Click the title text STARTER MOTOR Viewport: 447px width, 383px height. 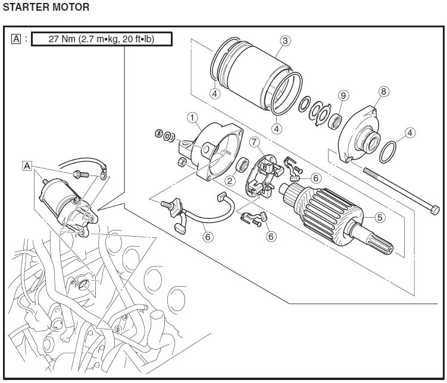[46, 8]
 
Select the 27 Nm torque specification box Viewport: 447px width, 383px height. [102, 40]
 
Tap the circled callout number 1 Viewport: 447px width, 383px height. [192, 118]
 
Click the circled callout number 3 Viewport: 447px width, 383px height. [285, 40]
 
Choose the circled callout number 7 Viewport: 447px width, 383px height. [254, 142]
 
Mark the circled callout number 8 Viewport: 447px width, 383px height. [383, 92]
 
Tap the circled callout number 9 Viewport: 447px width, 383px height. [343, 95]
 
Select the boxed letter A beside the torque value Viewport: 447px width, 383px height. [16, 40]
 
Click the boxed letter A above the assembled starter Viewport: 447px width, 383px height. [27, 165]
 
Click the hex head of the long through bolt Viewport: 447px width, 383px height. [435, 210]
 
